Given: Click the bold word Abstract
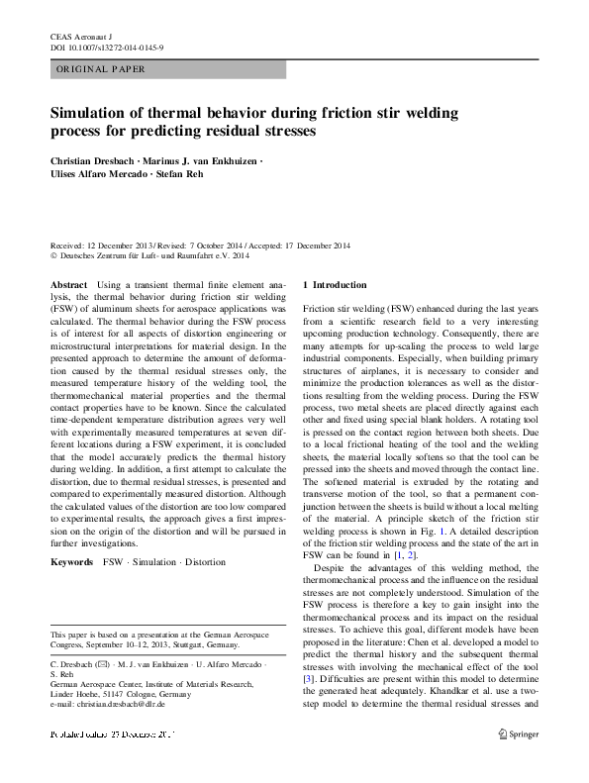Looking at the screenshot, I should point(68,284).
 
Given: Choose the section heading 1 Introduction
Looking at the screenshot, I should point(335,284).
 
